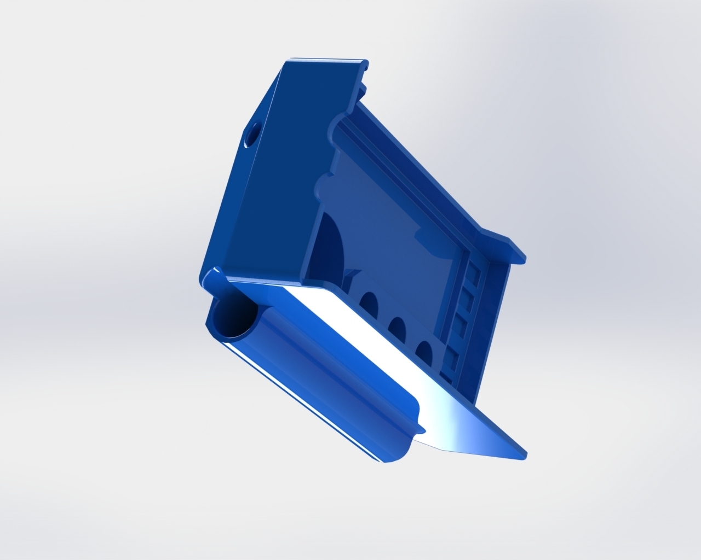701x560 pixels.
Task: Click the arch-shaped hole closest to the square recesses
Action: (424, 351)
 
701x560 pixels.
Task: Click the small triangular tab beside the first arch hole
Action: (350, 272)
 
